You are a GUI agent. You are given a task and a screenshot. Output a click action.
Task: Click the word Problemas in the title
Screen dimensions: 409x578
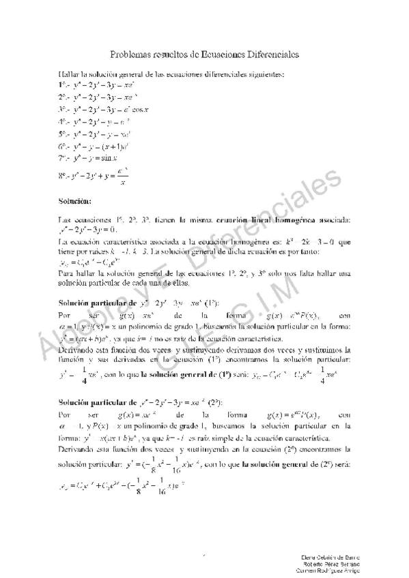(x=134, y=55)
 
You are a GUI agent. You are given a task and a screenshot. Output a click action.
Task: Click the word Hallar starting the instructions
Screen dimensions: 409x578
(x=69, y=73)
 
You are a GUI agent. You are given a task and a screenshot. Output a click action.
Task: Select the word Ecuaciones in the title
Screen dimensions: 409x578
(x=215, y=55)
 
